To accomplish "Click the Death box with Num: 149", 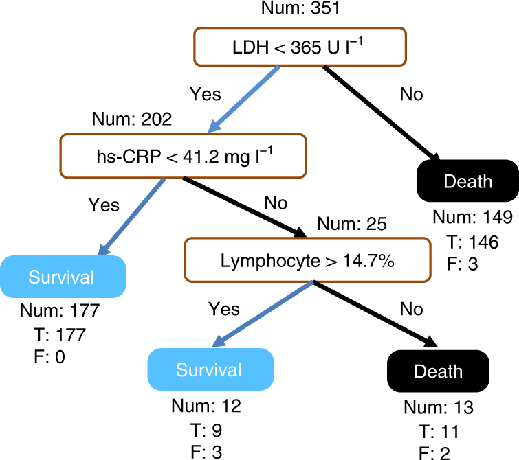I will pos(467,181).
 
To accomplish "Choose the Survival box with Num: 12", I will pos(209,370).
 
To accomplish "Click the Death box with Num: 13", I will pos(438,371).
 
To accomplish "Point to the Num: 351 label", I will pos(300,10).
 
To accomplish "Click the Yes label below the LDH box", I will pos(205,95).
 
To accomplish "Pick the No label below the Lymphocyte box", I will pos(411,309).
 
